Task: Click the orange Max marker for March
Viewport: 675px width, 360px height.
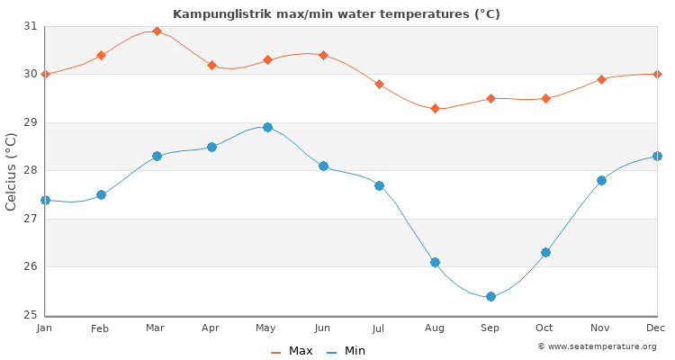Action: pos(157,31)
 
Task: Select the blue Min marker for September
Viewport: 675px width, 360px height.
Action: pos(490,296)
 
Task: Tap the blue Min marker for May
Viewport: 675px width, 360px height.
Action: pos(267,127)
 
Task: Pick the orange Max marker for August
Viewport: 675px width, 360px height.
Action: pos(435,108)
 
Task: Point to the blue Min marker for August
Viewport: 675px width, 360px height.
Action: pos(435,262)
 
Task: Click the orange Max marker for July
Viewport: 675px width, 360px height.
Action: pos(379,84)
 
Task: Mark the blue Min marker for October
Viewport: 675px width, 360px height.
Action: pos(545,252)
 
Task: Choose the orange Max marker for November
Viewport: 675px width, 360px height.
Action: pos(601,79)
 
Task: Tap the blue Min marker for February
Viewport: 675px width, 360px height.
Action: pos(101,194)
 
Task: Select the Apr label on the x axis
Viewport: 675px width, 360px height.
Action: pos(211,328)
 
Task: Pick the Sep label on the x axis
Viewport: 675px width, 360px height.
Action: pos(490,328)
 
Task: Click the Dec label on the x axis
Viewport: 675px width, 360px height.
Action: pos(656,328)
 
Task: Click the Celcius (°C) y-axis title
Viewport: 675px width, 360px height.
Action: pos(12,171)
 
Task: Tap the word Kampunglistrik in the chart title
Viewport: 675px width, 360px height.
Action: pos(213,13)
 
